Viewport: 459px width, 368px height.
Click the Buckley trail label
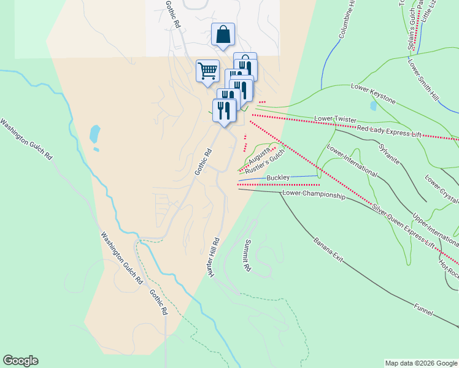(278, 178)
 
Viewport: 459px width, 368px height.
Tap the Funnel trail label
(423, 307)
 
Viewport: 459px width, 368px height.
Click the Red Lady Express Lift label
(390, 130)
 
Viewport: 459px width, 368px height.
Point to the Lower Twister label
(335, 117)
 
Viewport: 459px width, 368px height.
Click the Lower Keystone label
(373, 95)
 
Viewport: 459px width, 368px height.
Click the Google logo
(20, 361)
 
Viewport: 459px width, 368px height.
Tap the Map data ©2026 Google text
(421, 363)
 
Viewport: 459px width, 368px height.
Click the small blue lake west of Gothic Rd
(94, 134)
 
